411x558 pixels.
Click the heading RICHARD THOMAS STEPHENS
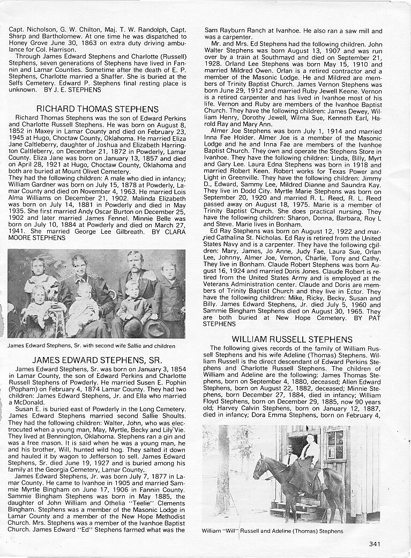[97, 109]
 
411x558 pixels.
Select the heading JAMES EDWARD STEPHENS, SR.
[97, 360]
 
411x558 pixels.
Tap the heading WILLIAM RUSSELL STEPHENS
[292, 339]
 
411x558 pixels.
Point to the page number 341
[375, 544]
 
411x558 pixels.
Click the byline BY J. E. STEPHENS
[74, 90]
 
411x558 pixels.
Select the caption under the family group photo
[91, 346]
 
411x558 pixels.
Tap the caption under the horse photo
[272, 531]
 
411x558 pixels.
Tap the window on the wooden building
[335, 444]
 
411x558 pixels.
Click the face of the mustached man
[135, 262]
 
